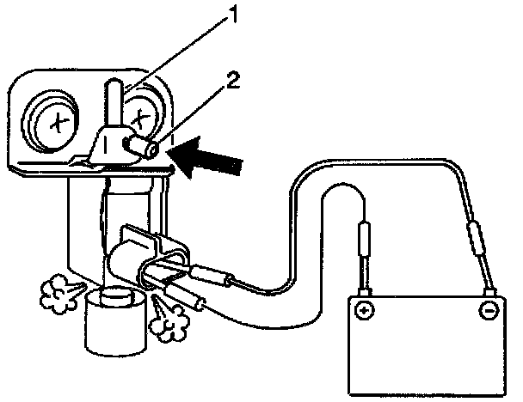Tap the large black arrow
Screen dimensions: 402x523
pyautogui.click(x=209, y=161)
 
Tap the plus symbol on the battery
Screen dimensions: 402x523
pyautogui.click(x=364, y=309)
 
